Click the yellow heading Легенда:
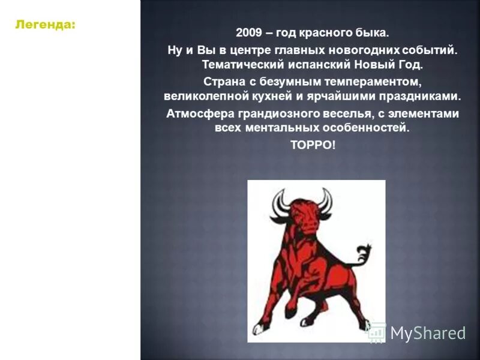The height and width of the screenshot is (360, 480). (x=46, y=25)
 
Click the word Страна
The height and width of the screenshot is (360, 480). (x=223, y=82)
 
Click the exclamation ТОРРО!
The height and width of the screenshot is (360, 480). (x=313, y=145)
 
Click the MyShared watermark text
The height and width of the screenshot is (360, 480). (x=427, y=333)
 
